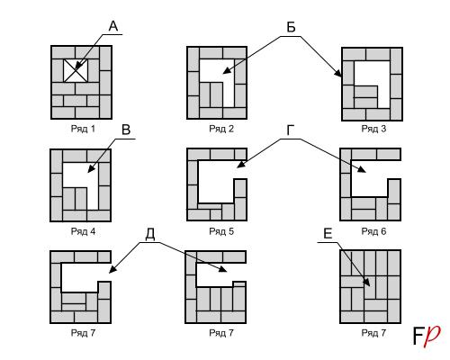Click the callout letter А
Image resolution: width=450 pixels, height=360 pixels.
113,26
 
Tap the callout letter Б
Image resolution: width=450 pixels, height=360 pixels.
291,27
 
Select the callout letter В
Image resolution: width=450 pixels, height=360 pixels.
126,130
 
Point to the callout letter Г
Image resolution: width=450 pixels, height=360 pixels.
290,130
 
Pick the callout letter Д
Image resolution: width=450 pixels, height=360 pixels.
150,235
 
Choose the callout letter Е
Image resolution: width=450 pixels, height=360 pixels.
328,234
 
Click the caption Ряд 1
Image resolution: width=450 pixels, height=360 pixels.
83,129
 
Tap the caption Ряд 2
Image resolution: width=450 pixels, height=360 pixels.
221,129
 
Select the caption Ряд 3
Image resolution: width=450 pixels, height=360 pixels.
373,129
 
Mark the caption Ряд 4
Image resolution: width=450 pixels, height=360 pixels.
83,231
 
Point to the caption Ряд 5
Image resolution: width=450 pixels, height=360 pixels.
221,231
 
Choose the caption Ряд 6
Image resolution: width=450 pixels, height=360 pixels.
373,231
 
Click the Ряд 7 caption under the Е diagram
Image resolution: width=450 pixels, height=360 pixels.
373,333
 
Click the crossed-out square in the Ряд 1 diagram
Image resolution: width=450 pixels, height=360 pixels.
76,70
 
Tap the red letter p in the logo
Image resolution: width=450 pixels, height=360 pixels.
432,336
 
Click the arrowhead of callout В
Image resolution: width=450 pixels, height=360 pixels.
90,168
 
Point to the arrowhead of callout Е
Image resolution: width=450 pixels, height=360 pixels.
366,282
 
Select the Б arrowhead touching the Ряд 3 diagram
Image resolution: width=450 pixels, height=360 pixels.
337,73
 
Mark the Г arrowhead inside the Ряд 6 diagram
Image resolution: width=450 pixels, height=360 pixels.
362,170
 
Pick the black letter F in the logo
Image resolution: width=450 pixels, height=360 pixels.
418,336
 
